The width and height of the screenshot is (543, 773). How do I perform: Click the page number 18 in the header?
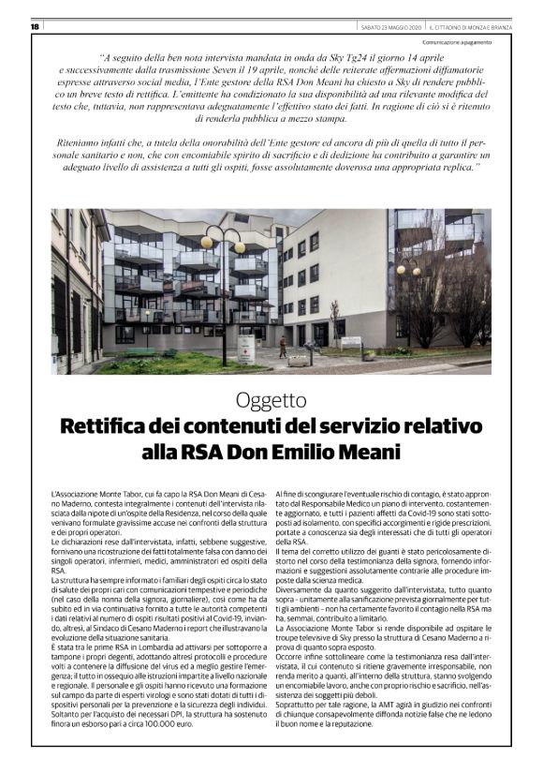click(x=34, y=25)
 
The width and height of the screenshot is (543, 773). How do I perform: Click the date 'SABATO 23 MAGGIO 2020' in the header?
click(x=387, y=25)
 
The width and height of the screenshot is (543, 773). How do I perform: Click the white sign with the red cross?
click(x=245, y=349)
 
